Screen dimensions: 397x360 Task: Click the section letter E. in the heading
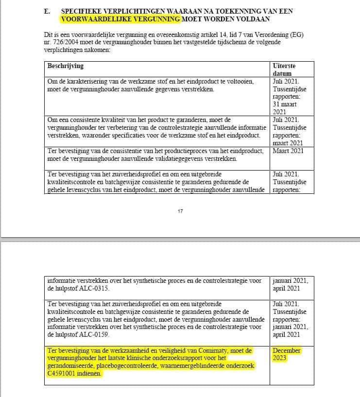[x=47, y=11]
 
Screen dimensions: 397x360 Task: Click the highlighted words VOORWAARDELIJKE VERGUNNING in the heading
[x=120, y=19]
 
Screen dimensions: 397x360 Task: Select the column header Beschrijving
[x=66, y=65]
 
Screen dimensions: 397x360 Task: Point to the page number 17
[x=181, y=211]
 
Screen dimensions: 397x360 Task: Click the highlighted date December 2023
[x=287, y=354]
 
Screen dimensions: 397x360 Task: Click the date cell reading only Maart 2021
[x=288, y=151]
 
